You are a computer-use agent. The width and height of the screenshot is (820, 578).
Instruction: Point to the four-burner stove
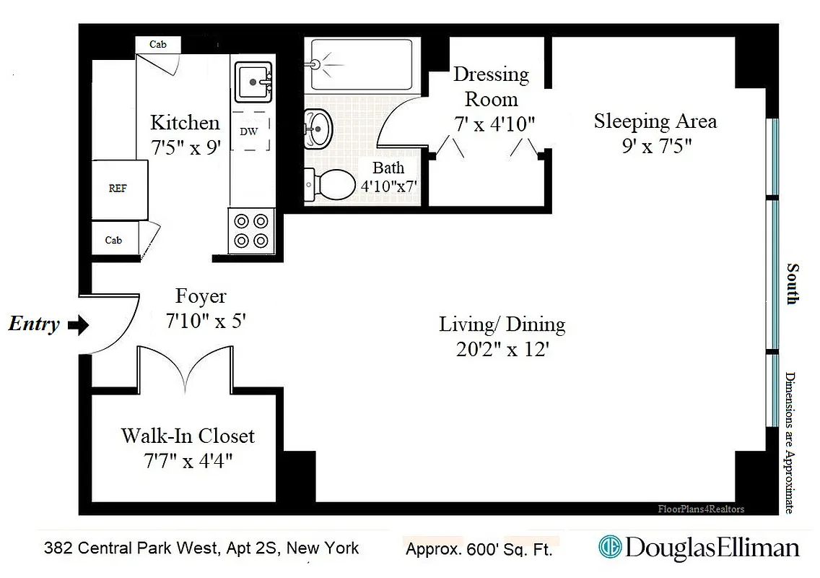pyautogui.click(x=251, y=230)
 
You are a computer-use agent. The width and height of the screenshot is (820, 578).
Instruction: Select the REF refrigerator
pyautogui.click(x=118, y=189)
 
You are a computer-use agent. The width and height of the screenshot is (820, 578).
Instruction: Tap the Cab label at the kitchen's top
pyautogui.click(x=158, y=45)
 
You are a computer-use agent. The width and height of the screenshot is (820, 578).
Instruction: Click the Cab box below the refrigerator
pyautogui.click(x=114, y=240)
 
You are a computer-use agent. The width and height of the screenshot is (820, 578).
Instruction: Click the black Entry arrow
pyautogui.click(x=77, y=325)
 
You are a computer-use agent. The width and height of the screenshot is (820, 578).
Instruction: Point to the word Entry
pyautogui.click(x=34, y=324)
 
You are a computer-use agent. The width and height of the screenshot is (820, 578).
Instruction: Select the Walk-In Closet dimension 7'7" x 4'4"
pyautogui.click(x=188, y=460)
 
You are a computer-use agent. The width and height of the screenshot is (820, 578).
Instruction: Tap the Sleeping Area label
pyautogui.click(x=655, y=121)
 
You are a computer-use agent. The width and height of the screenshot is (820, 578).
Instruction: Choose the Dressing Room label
pyautogui.click(x=491, y=86)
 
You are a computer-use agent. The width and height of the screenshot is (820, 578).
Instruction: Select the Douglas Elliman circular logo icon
pyautogui.click(x=610, y=548)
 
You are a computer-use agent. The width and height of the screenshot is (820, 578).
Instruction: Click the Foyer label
pyautogui.click(x=201, y=296)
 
